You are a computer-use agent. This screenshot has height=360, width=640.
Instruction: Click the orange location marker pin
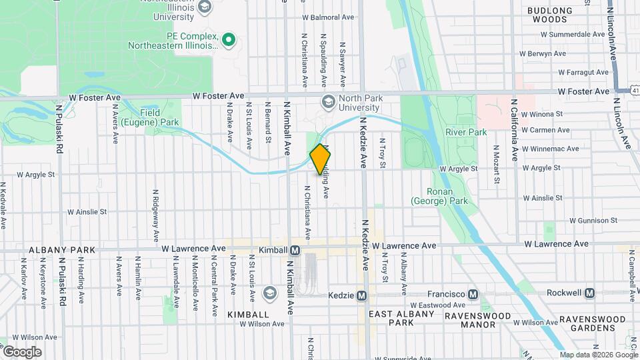pos(321,159)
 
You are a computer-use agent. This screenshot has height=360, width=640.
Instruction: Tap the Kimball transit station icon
pos(295,250)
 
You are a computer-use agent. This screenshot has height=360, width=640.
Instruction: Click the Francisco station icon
pos(473,294)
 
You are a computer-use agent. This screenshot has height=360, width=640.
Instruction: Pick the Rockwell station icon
pos(589,293)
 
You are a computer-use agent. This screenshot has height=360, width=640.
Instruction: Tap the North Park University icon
pos(328,102)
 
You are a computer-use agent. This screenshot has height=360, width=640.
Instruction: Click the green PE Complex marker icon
pos(229,40)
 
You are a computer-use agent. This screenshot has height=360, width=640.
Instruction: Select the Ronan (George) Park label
pos(439,196)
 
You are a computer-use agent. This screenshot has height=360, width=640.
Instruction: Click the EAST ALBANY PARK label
pos(392,318)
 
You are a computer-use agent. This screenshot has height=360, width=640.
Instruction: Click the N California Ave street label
pos(514,131)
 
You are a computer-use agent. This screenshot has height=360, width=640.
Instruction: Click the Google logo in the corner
pos(21,351)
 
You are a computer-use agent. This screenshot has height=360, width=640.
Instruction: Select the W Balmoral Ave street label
pos(328,17)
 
